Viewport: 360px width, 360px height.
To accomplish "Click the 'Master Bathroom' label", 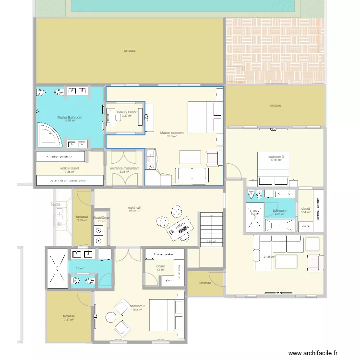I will pos(70,117).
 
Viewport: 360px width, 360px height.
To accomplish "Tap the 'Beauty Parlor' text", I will pos(127,112).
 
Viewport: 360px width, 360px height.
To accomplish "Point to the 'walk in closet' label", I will pos(70,168).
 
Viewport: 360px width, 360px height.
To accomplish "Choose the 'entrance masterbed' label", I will pos(124,168).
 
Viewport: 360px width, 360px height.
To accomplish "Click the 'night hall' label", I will pos(134,208).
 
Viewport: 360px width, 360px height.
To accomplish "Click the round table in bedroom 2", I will pos(111,317).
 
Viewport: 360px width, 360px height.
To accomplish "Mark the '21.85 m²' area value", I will pos(269,256).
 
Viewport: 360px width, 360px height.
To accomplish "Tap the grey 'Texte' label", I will pos(56,204).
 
